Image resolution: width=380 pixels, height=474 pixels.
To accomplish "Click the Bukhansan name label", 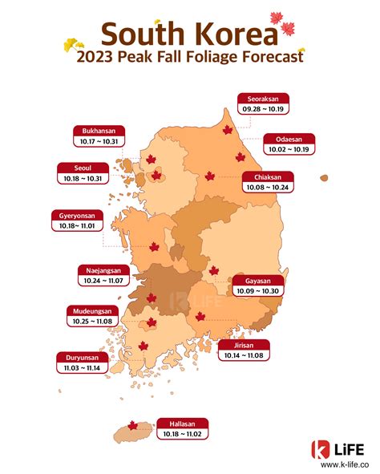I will [99, 130].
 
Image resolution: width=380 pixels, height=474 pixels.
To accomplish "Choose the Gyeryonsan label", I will [77, 216].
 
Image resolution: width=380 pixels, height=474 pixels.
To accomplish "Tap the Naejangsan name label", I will [101, 270].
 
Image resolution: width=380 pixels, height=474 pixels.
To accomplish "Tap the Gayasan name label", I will [258, 282].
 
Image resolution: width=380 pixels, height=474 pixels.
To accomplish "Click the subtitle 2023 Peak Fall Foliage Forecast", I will [189, 58].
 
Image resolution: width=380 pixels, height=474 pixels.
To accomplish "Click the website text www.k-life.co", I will [339, 464].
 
